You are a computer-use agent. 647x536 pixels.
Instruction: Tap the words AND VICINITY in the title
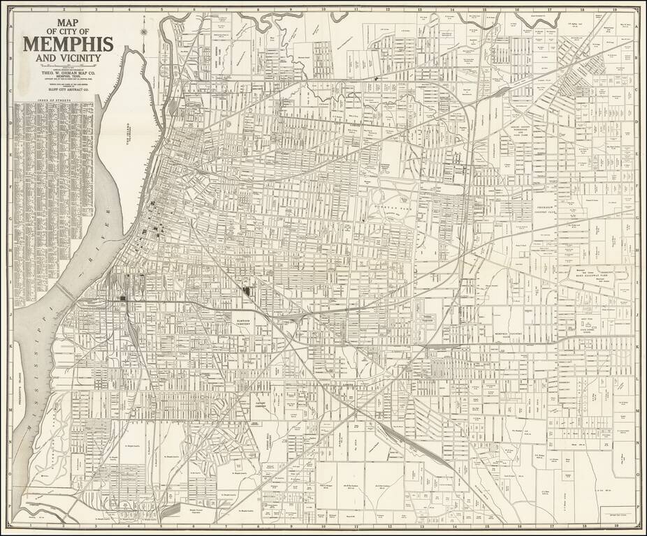pos(70,59)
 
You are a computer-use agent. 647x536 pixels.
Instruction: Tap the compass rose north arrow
pos(143,31)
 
